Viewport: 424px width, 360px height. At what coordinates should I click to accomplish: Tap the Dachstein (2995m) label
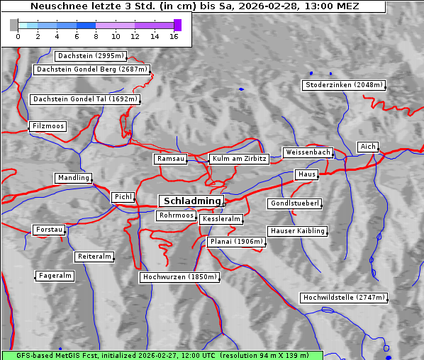click(x=91, y=55)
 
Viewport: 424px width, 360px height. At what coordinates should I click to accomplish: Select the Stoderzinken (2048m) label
click(x=343, y=85)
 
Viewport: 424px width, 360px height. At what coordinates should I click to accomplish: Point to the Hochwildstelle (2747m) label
click(x=344, y=298)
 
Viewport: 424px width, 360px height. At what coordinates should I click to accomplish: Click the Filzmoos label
click(x=48, y=126)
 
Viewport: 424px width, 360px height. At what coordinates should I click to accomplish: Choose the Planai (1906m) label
click(x=236, y=242)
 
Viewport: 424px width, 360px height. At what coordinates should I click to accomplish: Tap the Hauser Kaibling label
click(x=297, y=231)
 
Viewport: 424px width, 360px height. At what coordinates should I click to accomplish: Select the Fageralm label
click(x=55, y=276)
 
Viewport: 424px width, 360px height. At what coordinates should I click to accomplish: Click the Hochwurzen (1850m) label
click(x=179, y=277)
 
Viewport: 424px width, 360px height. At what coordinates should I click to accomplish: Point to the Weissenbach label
click(x=308, y=152)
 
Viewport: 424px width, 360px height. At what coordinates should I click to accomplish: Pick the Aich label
click(x=367, y=147)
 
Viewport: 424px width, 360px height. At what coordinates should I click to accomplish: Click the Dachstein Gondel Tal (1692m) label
click(x=85, y=99)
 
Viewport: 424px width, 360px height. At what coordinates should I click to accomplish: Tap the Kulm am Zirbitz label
click(x=239, y=159)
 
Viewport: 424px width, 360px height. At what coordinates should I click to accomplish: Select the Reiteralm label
click(x=94, y=257)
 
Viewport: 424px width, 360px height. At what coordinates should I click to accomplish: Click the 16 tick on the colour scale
click(x=174, y=36)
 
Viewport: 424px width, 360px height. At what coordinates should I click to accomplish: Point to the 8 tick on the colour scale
click(x=96, y=36)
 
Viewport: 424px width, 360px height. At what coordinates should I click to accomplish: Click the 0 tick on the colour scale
click(x=18, y=36)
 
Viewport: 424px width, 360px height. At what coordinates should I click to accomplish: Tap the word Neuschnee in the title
click(x=55, y=6)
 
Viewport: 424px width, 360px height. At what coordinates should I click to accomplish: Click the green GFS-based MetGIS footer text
click(x=162, y=354)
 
